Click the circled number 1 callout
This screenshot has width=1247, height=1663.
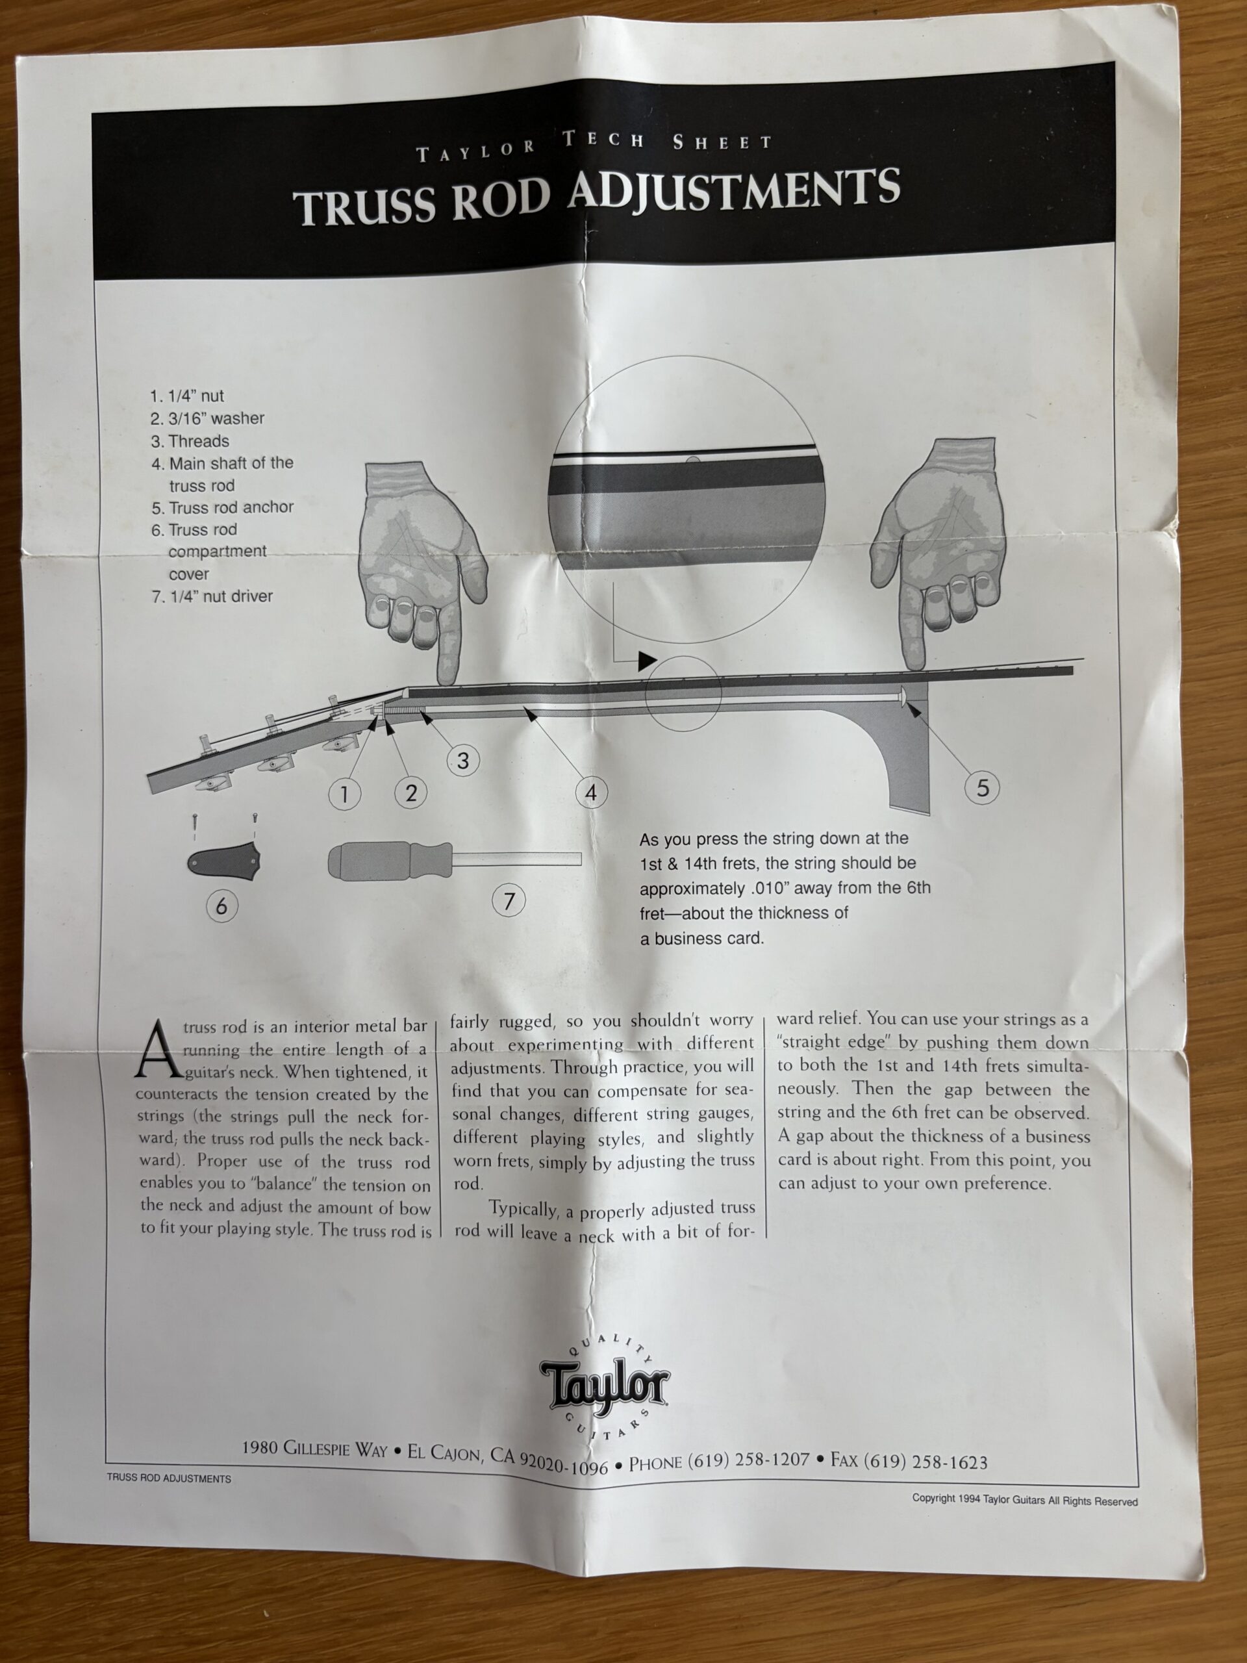point(344,794)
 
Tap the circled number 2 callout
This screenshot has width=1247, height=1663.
point(410,793)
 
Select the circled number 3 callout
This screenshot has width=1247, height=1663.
point(463,761)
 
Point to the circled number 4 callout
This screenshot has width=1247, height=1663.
point(591,793)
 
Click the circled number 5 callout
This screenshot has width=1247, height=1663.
point(983,788)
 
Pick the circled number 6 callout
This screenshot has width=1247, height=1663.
point(221,906)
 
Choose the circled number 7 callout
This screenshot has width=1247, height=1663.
point(509,900)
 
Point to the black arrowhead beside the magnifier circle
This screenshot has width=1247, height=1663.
point(647,661)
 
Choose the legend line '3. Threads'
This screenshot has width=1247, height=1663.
point(190,441)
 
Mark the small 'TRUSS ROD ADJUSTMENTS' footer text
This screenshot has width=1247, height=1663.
point(168,1478)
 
